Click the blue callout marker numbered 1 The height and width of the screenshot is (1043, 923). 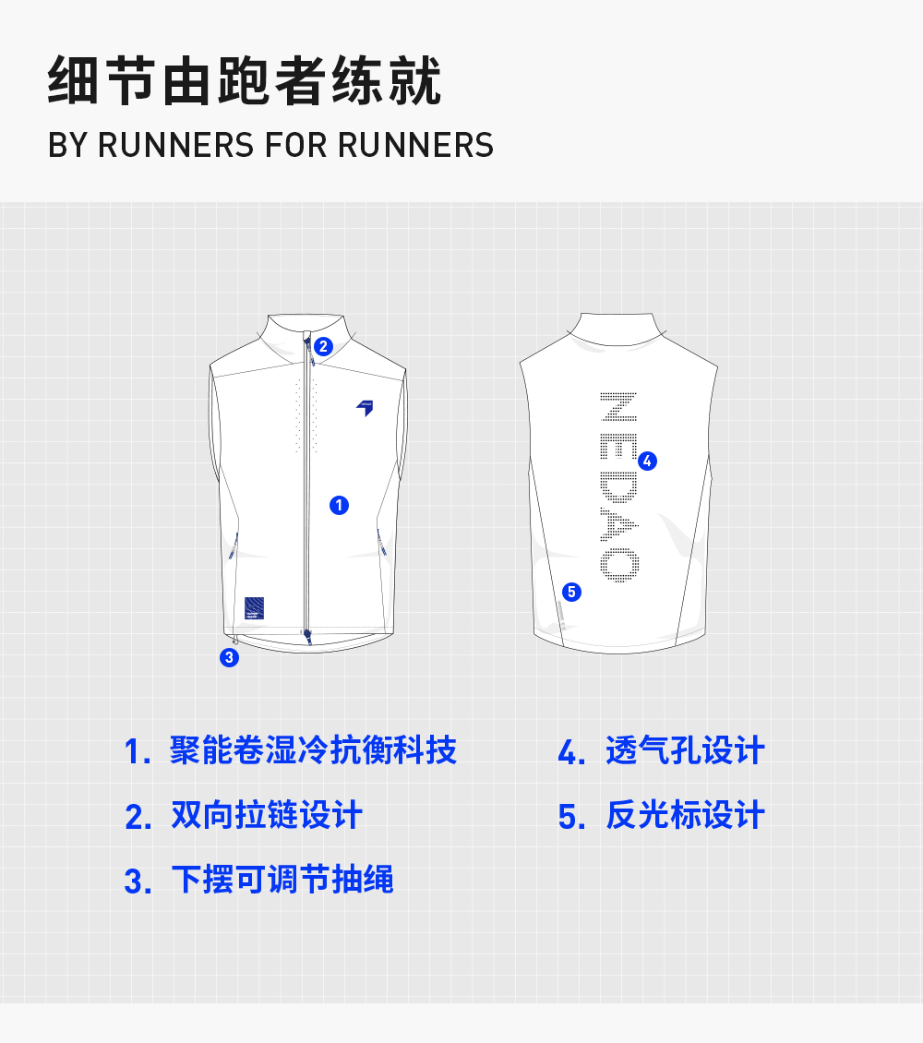click(x=339, y=505)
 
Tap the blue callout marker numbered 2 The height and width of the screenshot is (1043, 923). click(x=322, y=347)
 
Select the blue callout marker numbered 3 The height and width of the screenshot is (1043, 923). click(x=229, y=658)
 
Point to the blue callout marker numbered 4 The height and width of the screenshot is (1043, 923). click(x=647, y=461)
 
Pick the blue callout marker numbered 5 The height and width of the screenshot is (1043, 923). click(x=571, y=592)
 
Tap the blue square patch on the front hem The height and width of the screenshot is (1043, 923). click(x=255, y=607)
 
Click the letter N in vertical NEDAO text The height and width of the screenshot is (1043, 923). click(x=617, y=407)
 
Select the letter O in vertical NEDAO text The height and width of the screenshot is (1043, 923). click(x=617, y=564)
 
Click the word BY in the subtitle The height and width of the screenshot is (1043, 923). click(x=67, y=146)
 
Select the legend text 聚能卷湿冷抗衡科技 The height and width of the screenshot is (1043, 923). click(x=313, y=750)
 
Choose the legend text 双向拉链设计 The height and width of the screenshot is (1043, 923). click(x=267, y=816)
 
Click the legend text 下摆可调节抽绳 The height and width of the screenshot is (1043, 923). click(x=282, y=880)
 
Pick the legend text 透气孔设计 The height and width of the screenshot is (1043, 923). click(x=685, y=750)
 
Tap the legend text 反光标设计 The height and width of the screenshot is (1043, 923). click(x=685, y=816)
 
